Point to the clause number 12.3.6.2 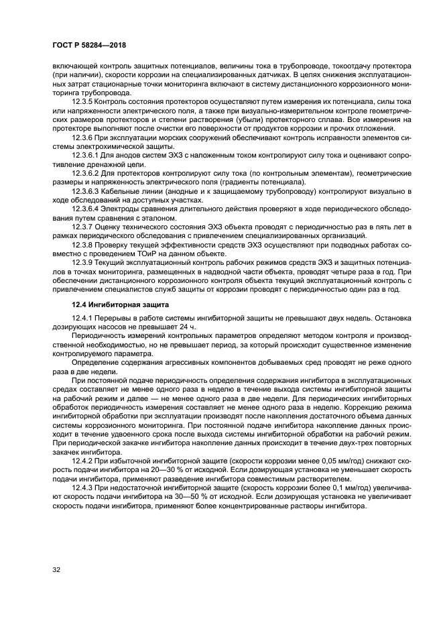(x=87, y=174)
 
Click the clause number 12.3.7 (x=84, y=226)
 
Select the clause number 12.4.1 (x=84, y=318)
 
